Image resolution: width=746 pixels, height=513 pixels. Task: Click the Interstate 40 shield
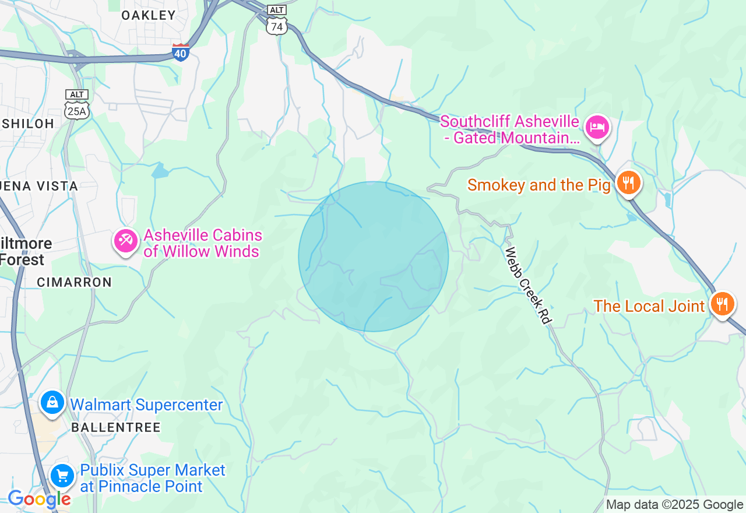(x=181, y=52)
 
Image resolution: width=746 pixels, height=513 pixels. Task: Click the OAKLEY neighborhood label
(x=149, y=16)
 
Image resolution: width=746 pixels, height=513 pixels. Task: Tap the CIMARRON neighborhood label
(x=74, y=282)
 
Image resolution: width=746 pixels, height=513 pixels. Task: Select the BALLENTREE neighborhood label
(x=116, y=427)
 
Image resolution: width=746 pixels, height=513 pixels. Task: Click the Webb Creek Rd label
(x=528, y=286)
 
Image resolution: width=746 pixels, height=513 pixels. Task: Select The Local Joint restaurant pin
(x=722, y=304)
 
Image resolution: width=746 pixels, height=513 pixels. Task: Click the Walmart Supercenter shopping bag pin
(x=52, y=403)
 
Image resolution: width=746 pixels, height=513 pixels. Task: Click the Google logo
(x=39, y=500)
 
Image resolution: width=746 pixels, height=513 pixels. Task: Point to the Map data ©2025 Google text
(x=674, y=505)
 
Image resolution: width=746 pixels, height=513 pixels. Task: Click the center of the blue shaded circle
(x=374, y=256)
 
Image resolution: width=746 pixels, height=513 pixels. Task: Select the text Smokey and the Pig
(x=539, y=185)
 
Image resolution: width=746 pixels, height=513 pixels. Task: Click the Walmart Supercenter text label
(x=146, y=405)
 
